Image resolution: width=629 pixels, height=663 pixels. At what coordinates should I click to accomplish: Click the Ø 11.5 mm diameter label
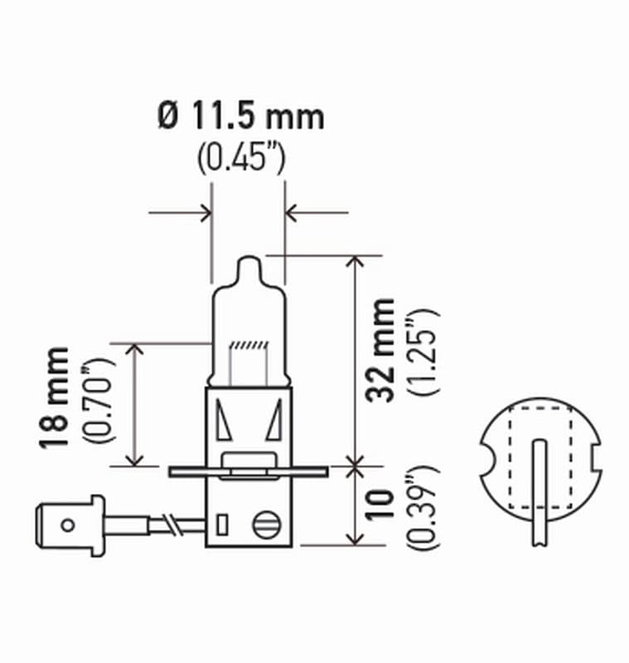point(240,117)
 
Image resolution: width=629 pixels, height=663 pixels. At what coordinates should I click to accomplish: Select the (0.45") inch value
point(241,157)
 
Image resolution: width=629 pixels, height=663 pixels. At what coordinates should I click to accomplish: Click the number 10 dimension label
point(382,506)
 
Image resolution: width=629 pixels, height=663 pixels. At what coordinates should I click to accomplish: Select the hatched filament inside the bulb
point(249,345)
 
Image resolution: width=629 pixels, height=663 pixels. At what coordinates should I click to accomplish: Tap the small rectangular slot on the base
point(222,525)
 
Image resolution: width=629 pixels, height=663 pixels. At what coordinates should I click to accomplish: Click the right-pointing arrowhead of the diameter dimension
point(204,213)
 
